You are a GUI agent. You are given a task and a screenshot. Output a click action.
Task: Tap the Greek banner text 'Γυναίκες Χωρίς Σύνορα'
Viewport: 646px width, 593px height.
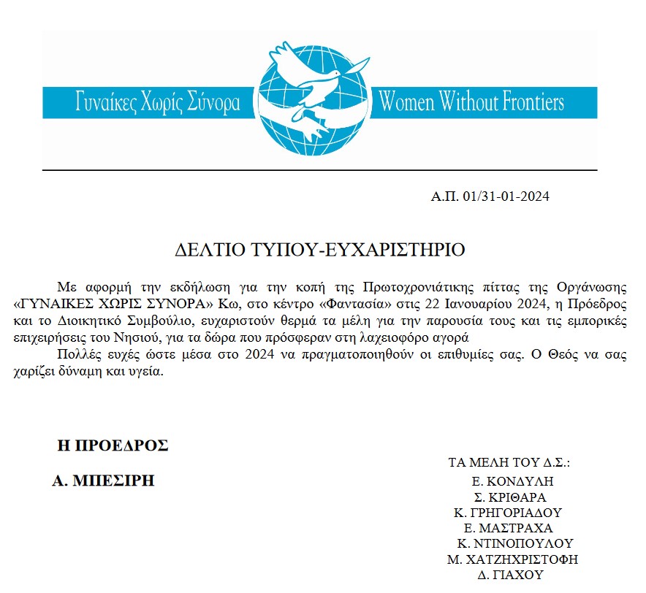[x=158, y=102]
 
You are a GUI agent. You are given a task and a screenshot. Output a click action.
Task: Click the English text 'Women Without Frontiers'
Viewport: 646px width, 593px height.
[x=471, y=102]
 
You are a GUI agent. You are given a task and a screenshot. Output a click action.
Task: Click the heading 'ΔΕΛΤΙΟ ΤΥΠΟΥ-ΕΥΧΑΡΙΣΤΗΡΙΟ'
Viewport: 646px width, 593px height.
[x=321, y=249]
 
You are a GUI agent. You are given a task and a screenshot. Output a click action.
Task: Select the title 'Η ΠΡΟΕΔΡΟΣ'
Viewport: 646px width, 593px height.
[x=113, y=445]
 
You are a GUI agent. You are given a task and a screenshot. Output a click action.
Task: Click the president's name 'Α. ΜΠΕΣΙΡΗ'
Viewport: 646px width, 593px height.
[x=103, y=481]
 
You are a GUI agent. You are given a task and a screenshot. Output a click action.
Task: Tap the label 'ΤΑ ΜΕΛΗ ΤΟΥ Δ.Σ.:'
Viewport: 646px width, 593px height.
[x=509, y=463]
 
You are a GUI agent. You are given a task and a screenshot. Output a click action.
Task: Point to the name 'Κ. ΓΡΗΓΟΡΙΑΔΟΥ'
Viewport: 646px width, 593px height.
[x=508, y=512]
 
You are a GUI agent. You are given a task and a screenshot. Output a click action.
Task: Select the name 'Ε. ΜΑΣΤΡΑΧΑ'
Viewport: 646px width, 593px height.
[x=509, y=528]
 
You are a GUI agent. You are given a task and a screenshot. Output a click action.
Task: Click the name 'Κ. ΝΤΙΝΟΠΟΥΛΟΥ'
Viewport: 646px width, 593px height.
[x=514, y=543]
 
